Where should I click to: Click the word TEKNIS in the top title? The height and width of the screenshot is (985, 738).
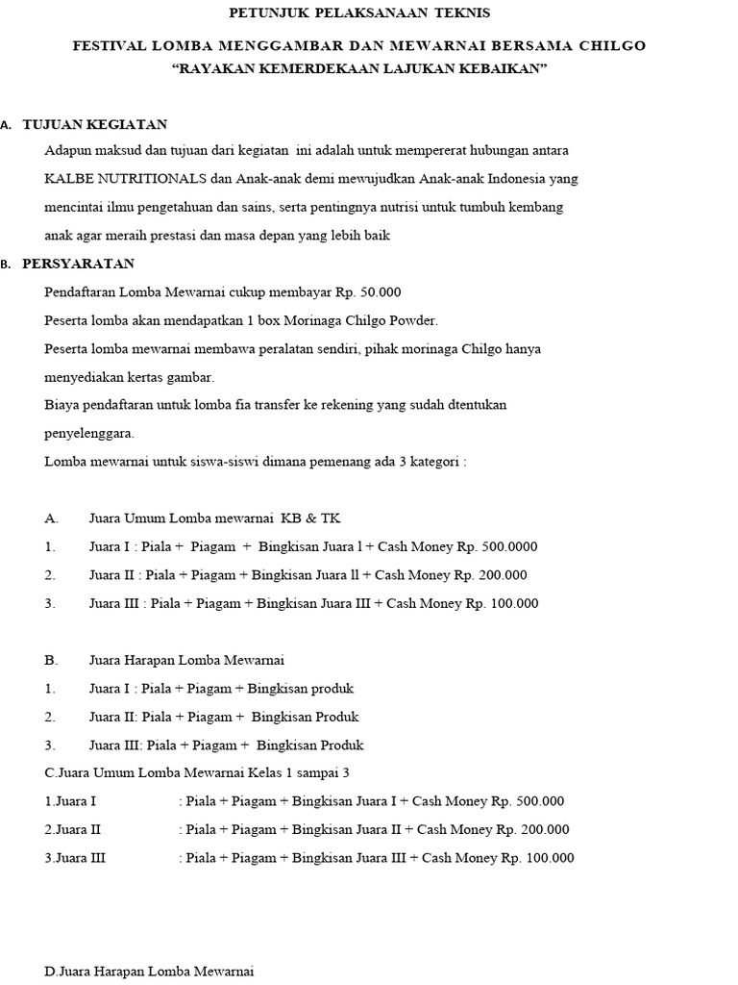pyautogui.click(x=458, y=13)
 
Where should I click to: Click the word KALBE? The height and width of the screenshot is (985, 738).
pyautogui.click(x=64, y=180)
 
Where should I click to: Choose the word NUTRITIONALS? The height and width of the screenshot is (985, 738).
pyautogui.click(x=147, y=180)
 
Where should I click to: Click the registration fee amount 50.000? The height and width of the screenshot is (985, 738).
pyautogui.click(x=381, y=292)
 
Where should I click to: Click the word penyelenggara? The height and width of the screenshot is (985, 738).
pyautogui.click(x=89, y=433)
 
